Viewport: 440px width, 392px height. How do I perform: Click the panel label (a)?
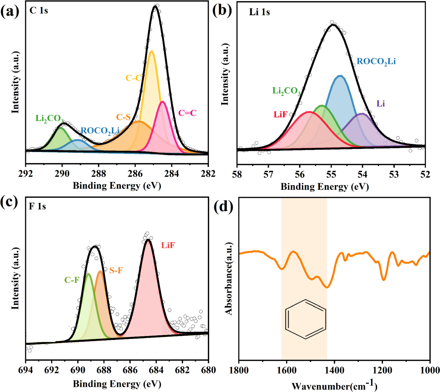coord(10,11)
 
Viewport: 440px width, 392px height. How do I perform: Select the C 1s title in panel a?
coord(38,11)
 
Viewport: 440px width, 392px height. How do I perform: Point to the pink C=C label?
coord(187,113)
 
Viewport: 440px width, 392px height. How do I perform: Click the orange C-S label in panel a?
coord(123,117)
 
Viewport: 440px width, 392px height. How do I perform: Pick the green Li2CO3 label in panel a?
coord(49,119)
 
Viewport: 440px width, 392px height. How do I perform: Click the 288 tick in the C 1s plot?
coord(99,174)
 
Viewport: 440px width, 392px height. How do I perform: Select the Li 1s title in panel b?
coord(259,12)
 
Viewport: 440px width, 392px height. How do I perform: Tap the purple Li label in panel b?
coord(380,104)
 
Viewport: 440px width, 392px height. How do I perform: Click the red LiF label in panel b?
coord(281,114)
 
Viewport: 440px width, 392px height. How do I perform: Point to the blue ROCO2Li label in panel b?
coord(376,61)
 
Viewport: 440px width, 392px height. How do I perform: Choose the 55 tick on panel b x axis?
coord(331,174)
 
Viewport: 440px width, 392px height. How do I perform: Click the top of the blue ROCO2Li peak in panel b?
coord(340,76)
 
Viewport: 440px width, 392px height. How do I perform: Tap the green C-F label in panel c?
coord(72,280)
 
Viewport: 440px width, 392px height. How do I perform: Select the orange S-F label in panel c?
coord(116,270)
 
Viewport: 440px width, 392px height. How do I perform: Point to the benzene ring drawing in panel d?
coord(306,319)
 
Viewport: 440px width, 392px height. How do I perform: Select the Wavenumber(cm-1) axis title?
coord(334,386)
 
